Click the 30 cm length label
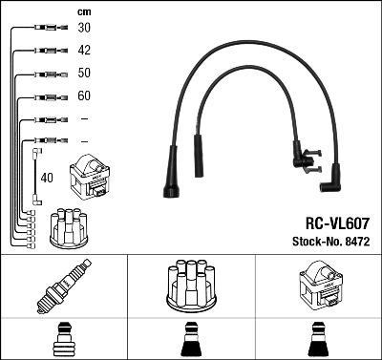(84, 28)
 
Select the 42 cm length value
(84, 51)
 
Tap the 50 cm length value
(84, 74)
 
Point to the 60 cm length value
(84, 96)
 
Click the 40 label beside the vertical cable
(45, 177)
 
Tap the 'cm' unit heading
(83, 11)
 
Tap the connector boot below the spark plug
(63, 340)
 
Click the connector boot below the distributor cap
(190, 340)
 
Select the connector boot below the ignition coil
(318, 340)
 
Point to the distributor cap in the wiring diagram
(70, 225)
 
